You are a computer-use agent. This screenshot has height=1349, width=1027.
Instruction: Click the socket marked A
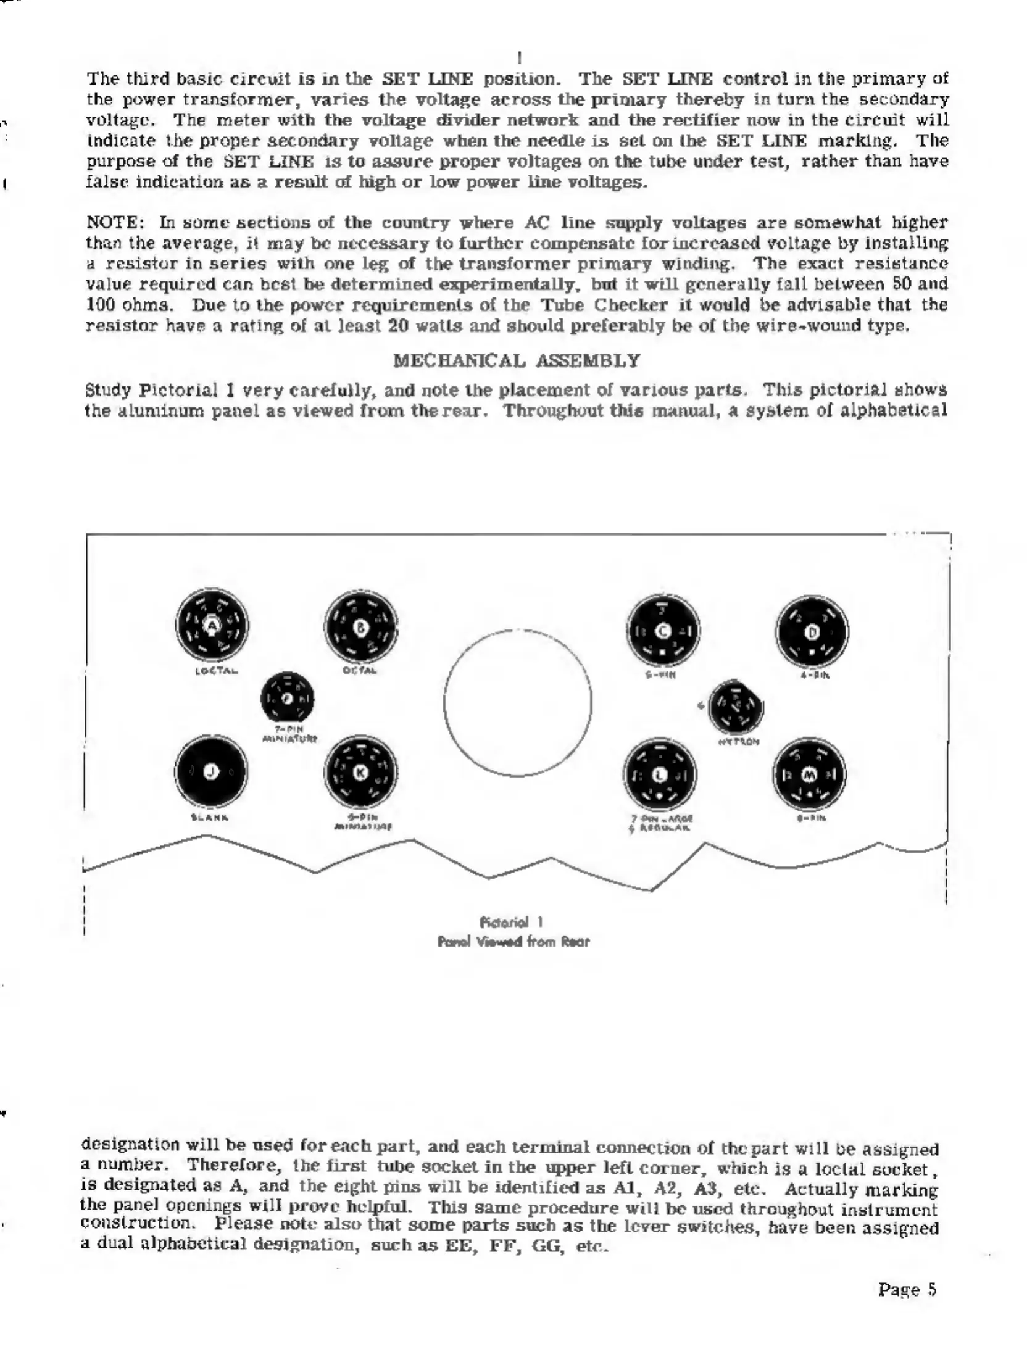[x=212, y=625]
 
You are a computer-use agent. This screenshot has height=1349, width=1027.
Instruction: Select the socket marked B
[x=361, y=627]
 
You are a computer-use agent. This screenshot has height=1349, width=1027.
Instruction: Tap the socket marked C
[x=663, y=631]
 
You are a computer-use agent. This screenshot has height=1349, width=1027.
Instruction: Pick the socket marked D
[x=812, y=632]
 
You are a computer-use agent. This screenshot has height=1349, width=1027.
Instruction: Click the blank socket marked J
[x=211, y=771]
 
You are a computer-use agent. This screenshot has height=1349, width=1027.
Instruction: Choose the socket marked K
[x=361, y=773]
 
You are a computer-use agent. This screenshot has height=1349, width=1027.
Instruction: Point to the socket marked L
[x=660, y=774]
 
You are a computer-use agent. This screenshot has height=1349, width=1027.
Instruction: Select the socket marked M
[x=810, y=774]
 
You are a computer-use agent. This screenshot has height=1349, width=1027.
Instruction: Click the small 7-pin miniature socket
[x=287, y=699]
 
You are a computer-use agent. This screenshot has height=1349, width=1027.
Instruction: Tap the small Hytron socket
[x=736, y=707]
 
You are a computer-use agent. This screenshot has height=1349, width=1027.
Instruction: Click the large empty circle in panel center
[x=517, y=702]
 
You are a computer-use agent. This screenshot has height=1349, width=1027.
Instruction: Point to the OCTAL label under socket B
[x=360, y=671]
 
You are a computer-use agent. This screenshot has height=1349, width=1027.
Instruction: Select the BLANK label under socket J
[x=210, y=817]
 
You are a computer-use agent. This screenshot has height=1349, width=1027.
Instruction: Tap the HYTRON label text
[x=738, y=742]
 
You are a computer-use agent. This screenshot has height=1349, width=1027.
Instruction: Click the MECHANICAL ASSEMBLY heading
[x=517, y=360]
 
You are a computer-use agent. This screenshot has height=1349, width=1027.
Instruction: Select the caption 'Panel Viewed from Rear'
[x=513, y=941]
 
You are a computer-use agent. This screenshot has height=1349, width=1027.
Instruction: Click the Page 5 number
[x=907, y=1289]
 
